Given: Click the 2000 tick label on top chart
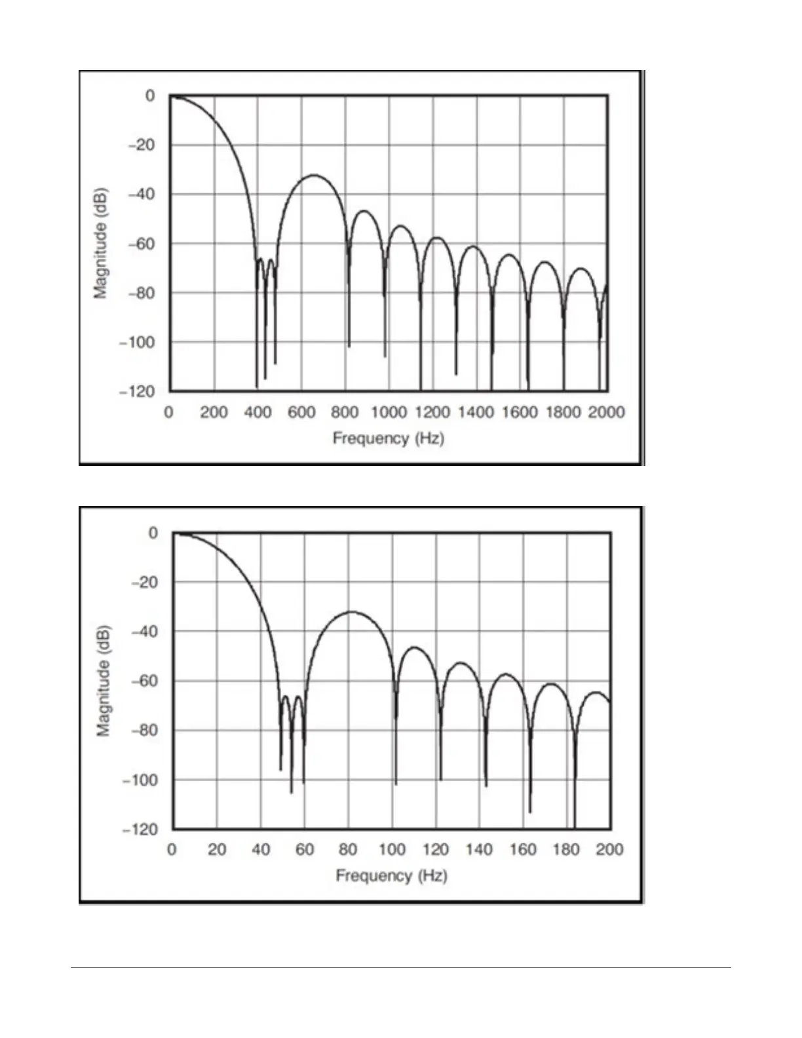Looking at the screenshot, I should (x=606, y=412).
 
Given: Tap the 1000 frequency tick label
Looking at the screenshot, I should (x=389, y=412).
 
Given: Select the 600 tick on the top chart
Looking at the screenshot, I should (x=301, y=412).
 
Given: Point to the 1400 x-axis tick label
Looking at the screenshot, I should (x=476, y=412).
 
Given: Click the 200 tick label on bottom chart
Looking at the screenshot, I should (x=609, y=849).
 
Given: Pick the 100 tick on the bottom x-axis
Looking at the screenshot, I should (x=392, y=849).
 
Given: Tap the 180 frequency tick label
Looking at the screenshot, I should (x=566, y=849).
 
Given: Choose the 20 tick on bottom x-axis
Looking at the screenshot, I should (x=217, y=849).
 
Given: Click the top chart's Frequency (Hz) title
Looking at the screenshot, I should (x=388, y=438).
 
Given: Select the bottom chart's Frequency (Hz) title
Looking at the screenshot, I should (x=391, y=875).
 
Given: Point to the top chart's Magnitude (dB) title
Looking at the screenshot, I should (x=100, y=244).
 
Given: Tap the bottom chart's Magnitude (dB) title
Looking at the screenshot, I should (x=104, y=681).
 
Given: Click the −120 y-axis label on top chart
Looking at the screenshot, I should (x=136, y=391).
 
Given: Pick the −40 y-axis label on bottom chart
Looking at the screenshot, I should (x=144, y=631).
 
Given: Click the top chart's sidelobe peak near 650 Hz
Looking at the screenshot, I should (x=314, y=175).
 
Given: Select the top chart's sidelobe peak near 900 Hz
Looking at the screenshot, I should (x=364, y=211).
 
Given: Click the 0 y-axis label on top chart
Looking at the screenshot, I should (x=150, y=96).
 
